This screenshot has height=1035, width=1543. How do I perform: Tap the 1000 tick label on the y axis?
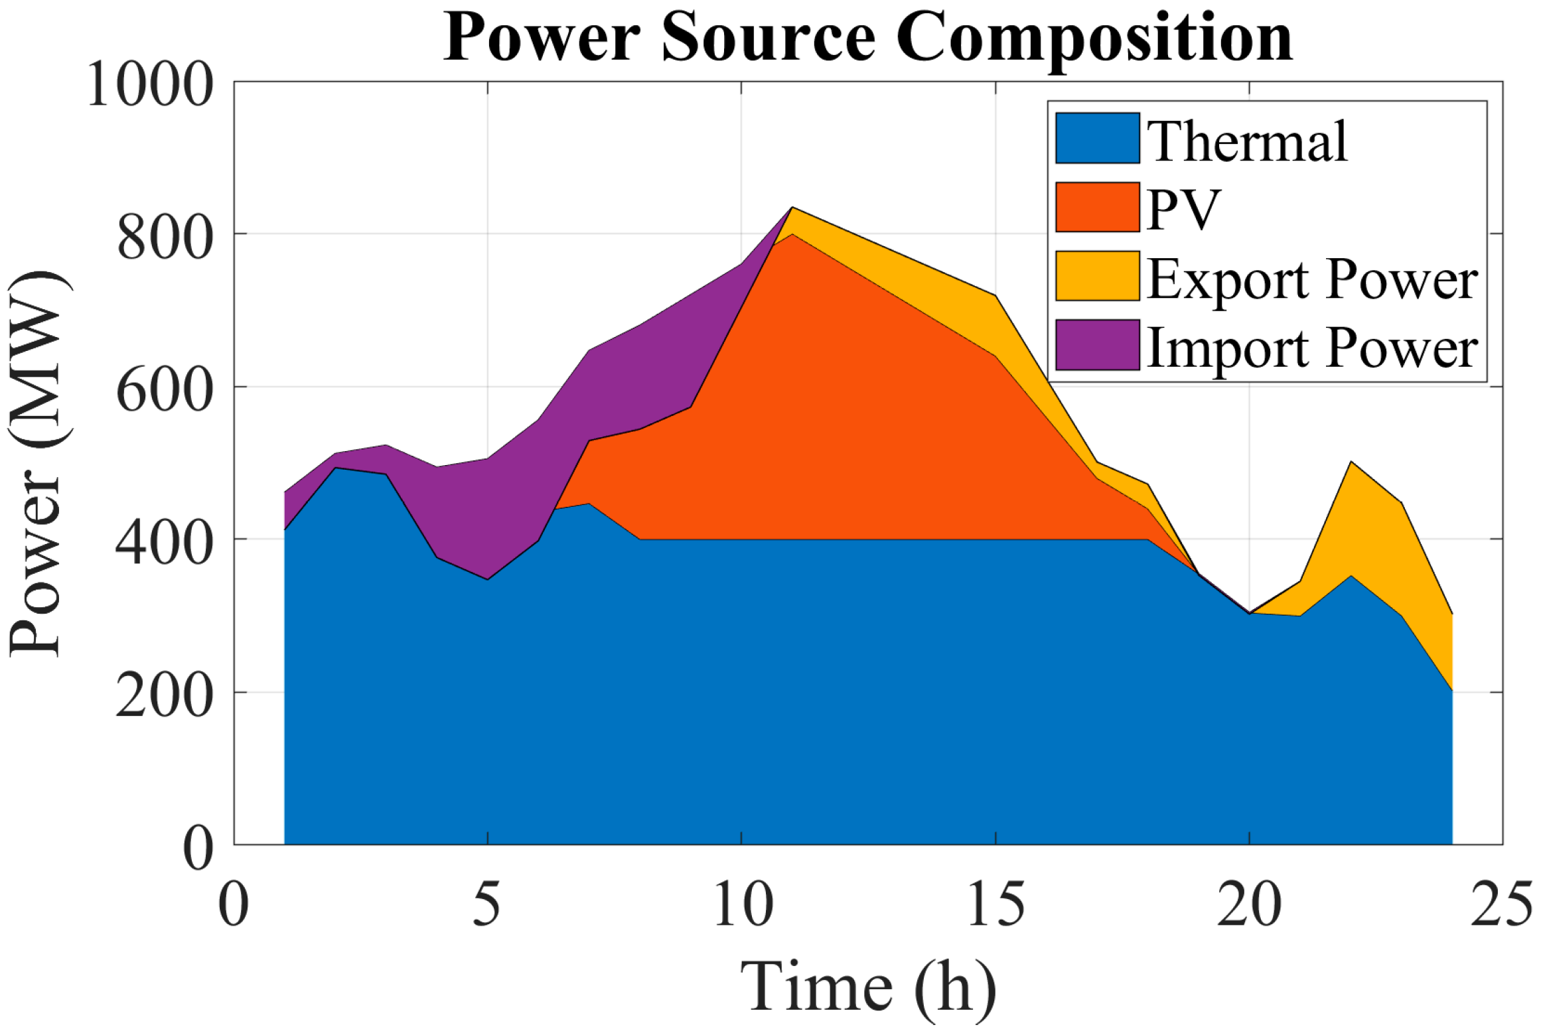(150, 85)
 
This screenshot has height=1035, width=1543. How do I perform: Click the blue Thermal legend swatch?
(1097, 138)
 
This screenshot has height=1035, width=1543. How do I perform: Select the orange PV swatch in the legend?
(1097, 207)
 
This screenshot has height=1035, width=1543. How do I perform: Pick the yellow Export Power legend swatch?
(1097, 276)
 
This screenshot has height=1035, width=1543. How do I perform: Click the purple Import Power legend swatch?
(1097, 345)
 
